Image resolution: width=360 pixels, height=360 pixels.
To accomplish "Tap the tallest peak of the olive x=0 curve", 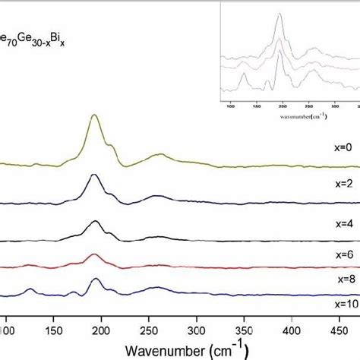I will (94, 115).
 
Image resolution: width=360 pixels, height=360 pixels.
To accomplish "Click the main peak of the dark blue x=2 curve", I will (94, 175).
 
